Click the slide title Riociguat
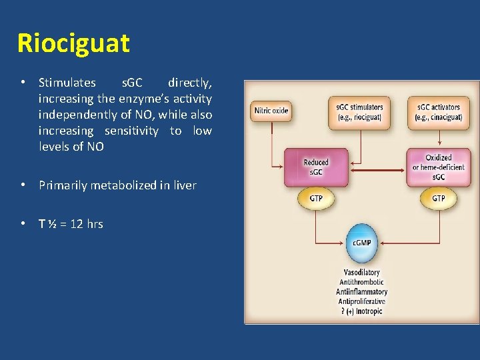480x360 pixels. [73, 43]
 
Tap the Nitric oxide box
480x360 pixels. [271, 111]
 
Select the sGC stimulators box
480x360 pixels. [359, 112]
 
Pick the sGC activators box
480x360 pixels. [438, 112]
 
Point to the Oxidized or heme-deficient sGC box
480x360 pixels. [438, 167]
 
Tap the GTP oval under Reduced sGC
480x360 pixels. [317, 199]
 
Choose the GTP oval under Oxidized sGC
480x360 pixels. [438, 199]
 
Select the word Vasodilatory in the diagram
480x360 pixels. [361, 272]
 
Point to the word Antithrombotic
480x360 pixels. [361, 282]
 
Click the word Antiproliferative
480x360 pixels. [361, 301]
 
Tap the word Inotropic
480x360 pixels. [369, 311]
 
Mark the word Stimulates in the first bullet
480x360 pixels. [67, 83]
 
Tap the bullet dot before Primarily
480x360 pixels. [23, 185]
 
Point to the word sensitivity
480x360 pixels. [131, 131]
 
